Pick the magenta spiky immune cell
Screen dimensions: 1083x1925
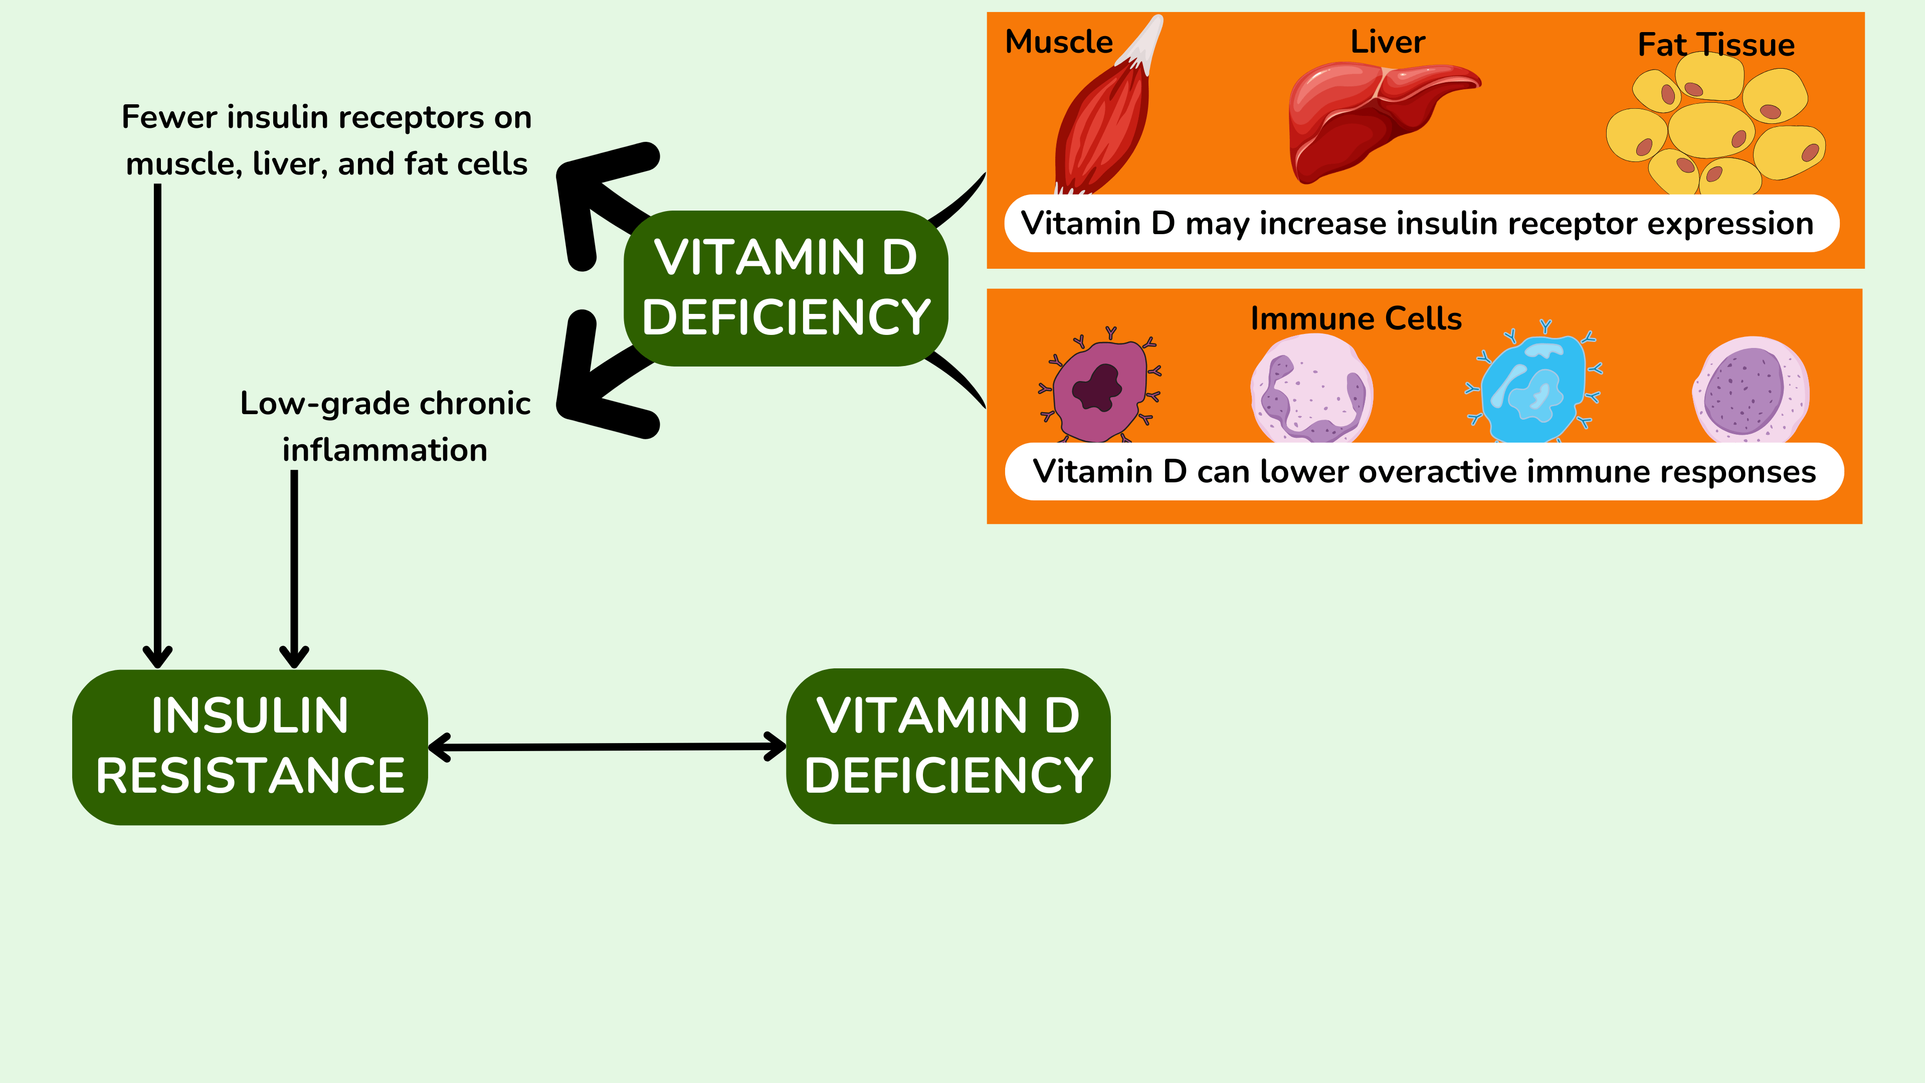[x=1098, y=389]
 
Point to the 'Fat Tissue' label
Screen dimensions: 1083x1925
[x=1716, y=45]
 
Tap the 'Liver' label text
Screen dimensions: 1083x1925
[x=1388, y=42]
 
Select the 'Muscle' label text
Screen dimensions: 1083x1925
[x=1059, y=42]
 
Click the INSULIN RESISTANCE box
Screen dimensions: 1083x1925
[x=250, y=747]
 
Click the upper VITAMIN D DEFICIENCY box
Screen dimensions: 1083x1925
[x=786, y=288]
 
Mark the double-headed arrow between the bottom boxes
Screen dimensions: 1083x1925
[x=607, y=747]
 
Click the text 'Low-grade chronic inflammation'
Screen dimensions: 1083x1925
[x=385, y=426]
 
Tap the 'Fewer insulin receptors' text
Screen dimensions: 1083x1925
[x=326, y=140]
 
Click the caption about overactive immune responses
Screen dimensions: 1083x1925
[x=1424, y=472]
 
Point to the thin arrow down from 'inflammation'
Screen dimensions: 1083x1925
[x=294, y=568]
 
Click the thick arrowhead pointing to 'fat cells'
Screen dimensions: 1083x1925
[x=591, y=195]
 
